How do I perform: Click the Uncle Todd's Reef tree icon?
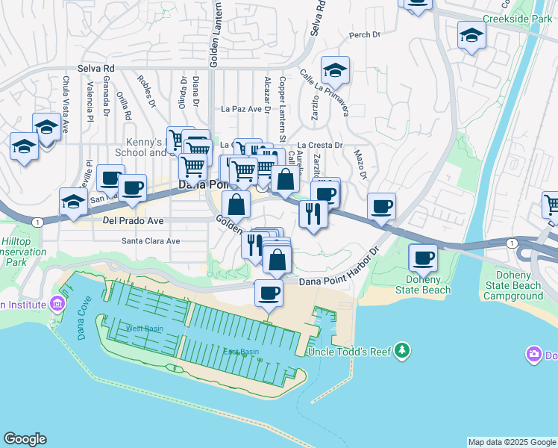pyautogui.click(x=403, y=350)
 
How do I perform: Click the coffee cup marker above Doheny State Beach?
pyautogui.click(x=424, y=258)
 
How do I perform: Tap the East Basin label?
pyautogui.click(x=241, y=352)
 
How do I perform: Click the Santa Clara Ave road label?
pyautogui.click(x=151, y=241)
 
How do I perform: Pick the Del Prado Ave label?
pyautogui.click(x=133, y=221)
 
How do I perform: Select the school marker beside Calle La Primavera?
pyautogui.click(x=335, y=71)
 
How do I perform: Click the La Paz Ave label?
pyautogui.click(x=245, y=109)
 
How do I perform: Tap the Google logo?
pyautogui.click(x=25, y=439)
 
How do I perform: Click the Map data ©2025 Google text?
pyautogui.click(x=511, y=442)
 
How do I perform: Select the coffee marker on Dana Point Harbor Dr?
pyautogui.click(x=269, y=293)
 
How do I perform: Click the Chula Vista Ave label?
pyautogui.click(x=66, y=105)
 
